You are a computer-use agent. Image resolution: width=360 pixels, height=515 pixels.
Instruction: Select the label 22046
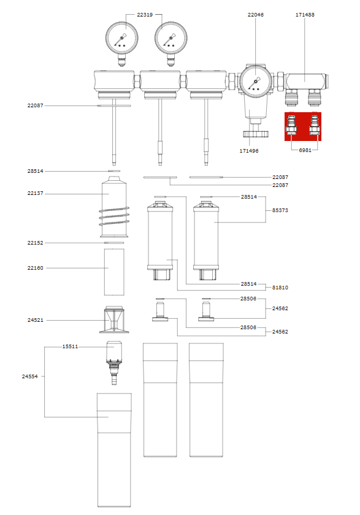[x=256, y=14]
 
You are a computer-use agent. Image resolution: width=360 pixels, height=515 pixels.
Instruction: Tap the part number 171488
[x=305, y=14]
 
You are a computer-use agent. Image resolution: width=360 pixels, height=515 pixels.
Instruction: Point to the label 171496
[x=248, y=150]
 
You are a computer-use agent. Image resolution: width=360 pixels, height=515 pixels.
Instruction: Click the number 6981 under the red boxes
[x=306, y=150]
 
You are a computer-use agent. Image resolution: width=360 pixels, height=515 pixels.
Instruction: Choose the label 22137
[x=35, y=194]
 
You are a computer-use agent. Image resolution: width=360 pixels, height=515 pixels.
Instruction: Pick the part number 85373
[x=280, y=210]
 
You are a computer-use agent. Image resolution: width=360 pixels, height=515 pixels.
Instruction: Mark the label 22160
[x=35, y=268]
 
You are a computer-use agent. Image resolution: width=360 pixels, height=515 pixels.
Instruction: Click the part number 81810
[x=280, y=287]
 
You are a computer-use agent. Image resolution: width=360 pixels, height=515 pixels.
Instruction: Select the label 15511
[x=70, y=346]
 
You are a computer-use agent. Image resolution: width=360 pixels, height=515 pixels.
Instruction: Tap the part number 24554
[x=30, y=376]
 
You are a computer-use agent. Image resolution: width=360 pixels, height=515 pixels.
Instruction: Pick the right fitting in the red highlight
[x=315, y=126]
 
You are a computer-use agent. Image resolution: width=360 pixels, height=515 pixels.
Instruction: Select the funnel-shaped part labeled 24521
[x=114, y=319]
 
